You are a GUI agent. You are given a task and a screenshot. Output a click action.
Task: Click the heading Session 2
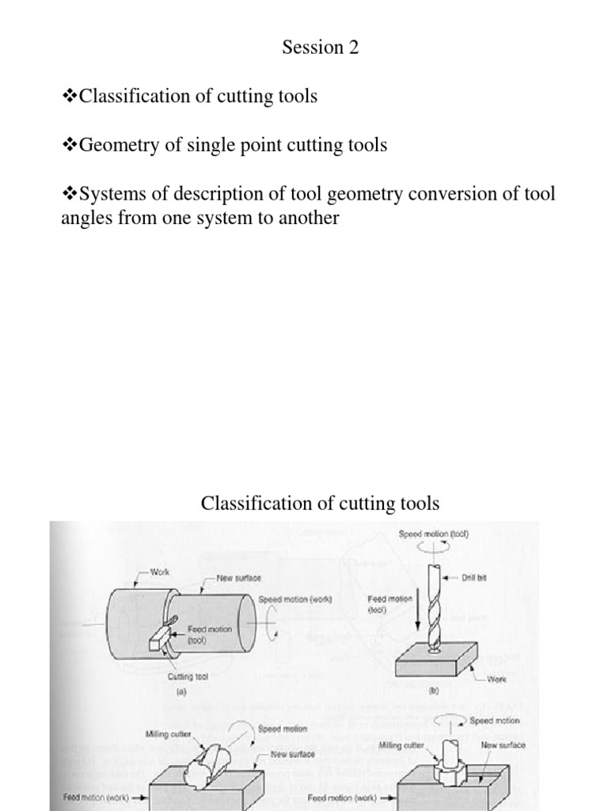[320, 48]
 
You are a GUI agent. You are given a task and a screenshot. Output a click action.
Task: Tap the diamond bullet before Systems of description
[70, 194]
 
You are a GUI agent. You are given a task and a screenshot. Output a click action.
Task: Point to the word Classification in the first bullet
[134, 97]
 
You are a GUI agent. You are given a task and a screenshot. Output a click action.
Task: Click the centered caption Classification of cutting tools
[320, 503]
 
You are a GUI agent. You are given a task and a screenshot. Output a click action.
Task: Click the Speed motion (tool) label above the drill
[434, 535]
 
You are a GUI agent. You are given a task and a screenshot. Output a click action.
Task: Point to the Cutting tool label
[188, 677]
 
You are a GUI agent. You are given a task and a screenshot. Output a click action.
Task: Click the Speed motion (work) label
[294, 600]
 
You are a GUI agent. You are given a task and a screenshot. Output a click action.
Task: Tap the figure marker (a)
[187, 691]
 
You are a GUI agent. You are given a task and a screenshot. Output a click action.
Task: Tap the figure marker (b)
[432, 691]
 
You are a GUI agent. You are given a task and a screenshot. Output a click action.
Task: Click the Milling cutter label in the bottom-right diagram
[401, 745]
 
